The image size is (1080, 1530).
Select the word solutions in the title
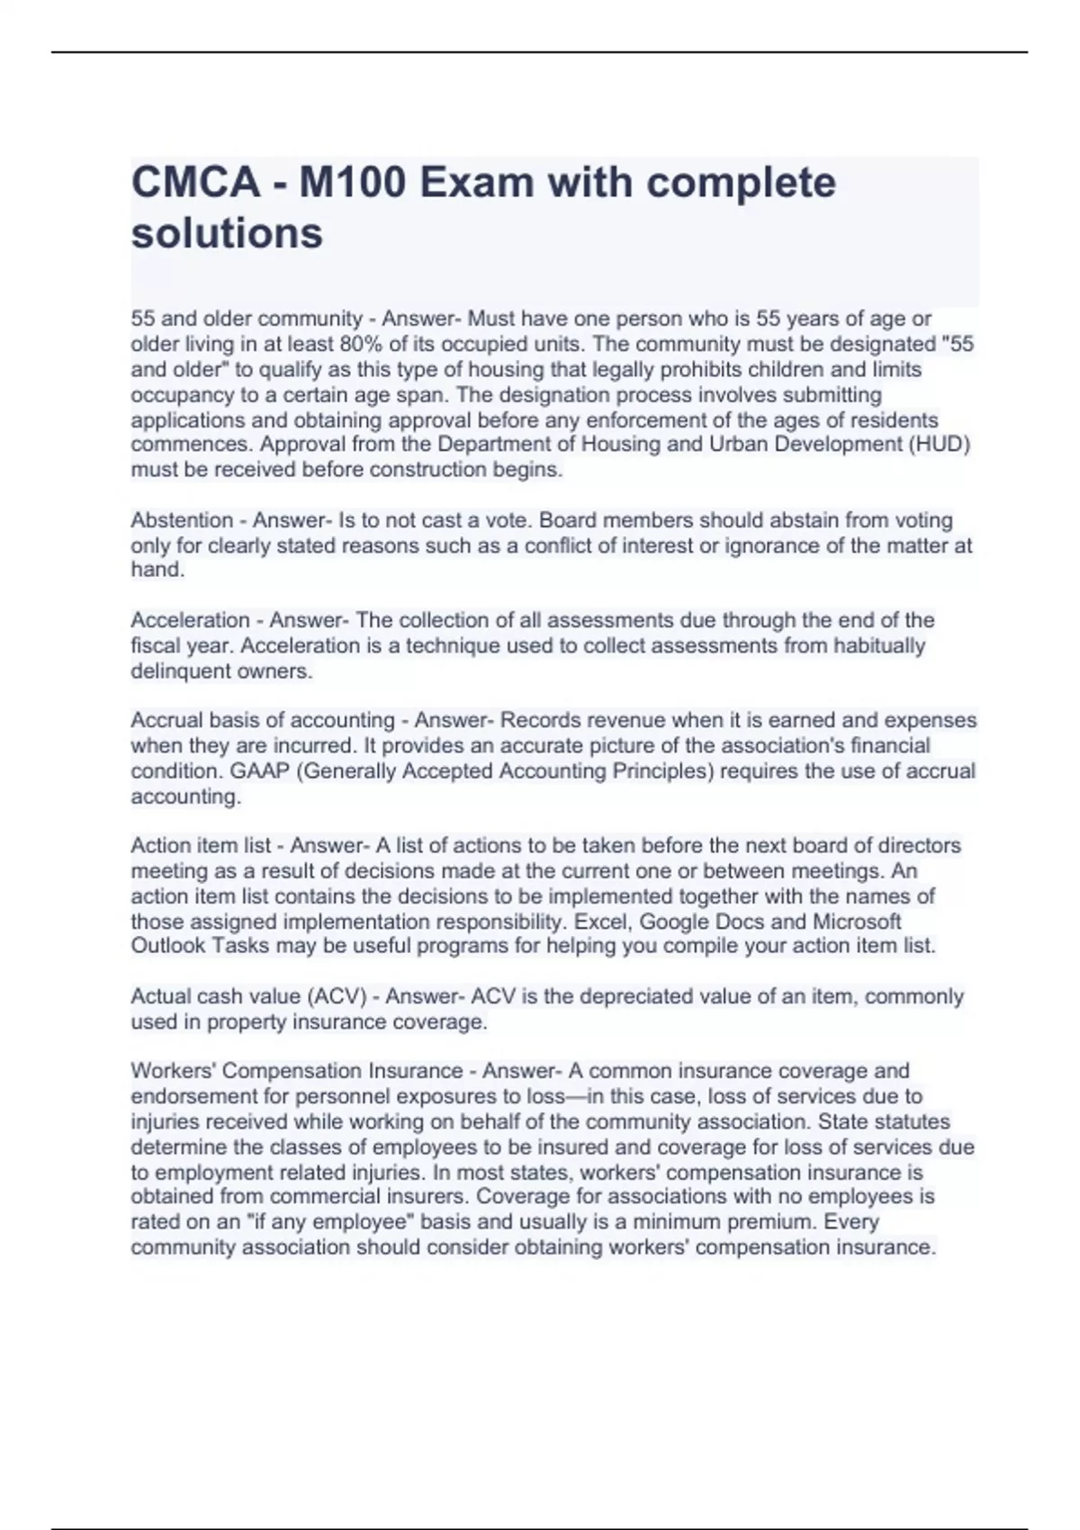click(x=227, y=233)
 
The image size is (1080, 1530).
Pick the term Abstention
click(x=182, y=520)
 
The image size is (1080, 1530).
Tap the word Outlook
click(x=168, y=946)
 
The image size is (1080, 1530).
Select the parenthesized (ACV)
click(x=337, y=996)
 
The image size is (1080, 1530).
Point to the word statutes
click(x=913, y=1121)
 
